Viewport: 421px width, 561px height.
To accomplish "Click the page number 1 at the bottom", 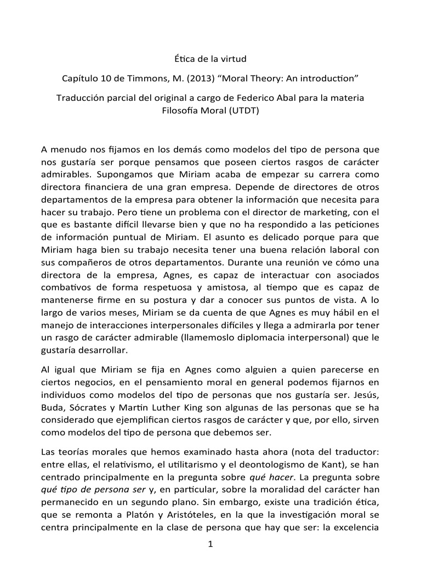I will [210, 544].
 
